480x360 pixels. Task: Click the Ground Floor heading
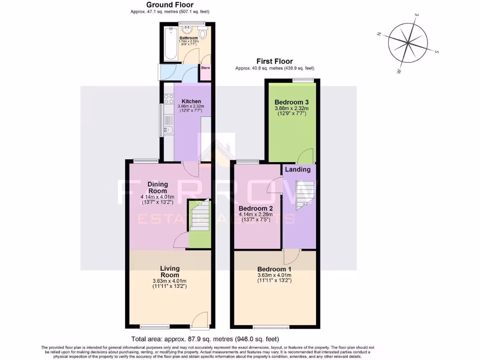click(170, 5)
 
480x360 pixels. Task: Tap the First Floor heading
click(274, 61)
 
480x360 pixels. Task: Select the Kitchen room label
click(191, 101)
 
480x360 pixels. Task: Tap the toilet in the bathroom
click(203, 34)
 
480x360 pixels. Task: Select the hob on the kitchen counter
click(169, 99)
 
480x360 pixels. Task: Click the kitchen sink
click(168, 129)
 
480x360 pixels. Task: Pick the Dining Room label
click(157, 187)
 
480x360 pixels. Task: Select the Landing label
click(298, 169)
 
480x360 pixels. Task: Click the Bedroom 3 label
click(291, 102)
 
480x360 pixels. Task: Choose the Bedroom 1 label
click(274, 269)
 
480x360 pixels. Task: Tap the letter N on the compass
click(379, 34)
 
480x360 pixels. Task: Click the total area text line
click(205, 339)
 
